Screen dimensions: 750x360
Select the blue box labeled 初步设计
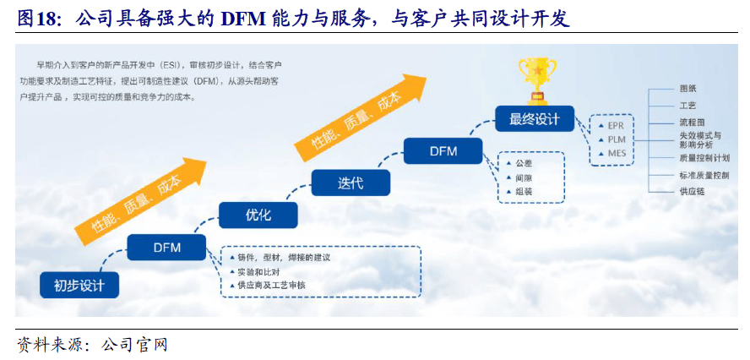tap(79, 286)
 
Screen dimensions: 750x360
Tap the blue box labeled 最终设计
tap(535, 118)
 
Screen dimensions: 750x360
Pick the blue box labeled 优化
tap(258, 215)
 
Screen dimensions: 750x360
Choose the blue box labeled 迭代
tap(351, 183)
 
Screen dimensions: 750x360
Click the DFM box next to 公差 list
tap(443, 150)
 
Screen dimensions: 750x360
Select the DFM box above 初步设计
tap(167, 248)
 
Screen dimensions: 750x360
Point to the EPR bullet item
tap(612, 126)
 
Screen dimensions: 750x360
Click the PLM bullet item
tap(612, 139)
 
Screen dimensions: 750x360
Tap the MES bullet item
tap(612, 154)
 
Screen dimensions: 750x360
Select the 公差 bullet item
tap(519, 163)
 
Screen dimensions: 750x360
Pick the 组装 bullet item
tap(519, 192)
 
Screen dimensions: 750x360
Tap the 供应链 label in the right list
tap(692, 192)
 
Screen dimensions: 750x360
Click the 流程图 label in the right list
tap(692, 123)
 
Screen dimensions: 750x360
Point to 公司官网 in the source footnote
tap(134, 345)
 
